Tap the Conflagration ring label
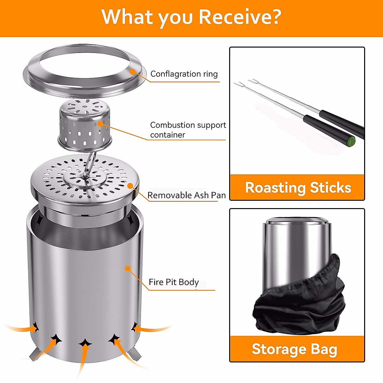pos(184,74)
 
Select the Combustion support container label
pos(188,130)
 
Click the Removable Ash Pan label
pos(186,195)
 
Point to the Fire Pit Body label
pos(174,282)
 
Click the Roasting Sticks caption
pos(298,188)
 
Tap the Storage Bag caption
pos(294,349)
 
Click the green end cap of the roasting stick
pos(351,141)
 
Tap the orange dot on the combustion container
pos(101,124)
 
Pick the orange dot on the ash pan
pos(130,186)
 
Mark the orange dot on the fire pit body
pos(128,268)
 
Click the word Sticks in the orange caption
pos(331,188)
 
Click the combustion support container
pos(85,124)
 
